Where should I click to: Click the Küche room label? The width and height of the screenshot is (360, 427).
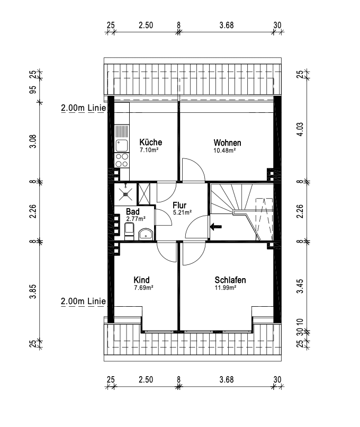[x=150, y=143]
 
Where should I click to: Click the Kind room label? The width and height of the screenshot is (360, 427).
[x=141, y=280]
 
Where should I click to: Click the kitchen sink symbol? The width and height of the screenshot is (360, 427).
[x=121, y=143]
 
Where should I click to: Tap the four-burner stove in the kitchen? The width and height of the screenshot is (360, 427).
[x=122, y=159]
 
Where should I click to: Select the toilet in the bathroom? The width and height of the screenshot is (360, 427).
[x=128, y=230]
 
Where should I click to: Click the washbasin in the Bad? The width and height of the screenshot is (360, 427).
[x=145, y=234]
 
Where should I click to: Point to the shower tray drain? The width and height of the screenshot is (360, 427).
[x=125, y=193]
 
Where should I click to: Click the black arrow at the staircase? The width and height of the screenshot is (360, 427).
[x=216, y=227]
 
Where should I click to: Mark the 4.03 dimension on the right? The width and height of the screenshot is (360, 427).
[x=300, y=130]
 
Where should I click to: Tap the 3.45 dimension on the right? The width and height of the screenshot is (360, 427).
[x=300, y=289]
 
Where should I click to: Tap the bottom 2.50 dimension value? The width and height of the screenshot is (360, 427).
[x=146, y=379]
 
